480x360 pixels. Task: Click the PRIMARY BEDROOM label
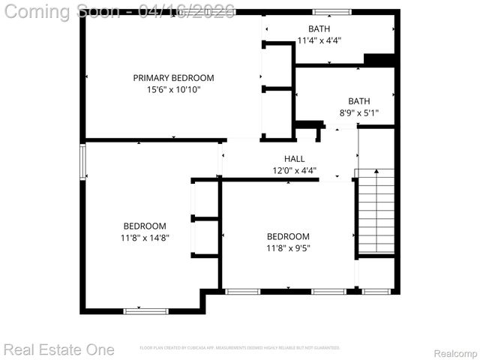pyautogui.click(x=173, y=78)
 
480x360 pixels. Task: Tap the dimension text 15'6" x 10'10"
pyautogui.click(x=173, y=89)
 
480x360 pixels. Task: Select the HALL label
pyautogui.click(x=294, y=159)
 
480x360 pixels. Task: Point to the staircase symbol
pyautogui.click(x=374, y=213)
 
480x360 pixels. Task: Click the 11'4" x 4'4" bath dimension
pyautogui.click(x=319, y=40)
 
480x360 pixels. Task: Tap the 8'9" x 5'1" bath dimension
pyautogui.click(x=359, y=113)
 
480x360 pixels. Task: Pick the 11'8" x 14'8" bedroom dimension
pyautogui.click(x=145, y=238)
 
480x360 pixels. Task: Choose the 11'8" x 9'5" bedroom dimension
pyautogui.click(x=288, y=248)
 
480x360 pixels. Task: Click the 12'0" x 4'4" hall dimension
pyautogui.click(x=294, y=170)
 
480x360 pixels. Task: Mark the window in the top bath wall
pyautogui.click(x=332, y=12)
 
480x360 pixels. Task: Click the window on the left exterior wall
pyautogui.click(x=83, y=162)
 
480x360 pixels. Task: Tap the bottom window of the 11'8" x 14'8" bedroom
pyautogui.click(x=146, y=310)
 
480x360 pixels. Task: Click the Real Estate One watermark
pyautogui.click(x=59, y=349)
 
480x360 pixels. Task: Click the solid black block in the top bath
pyautogui.click(x=379, y=60)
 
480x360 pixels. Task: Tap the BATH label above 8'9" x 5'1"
pyautogui.click(x=359, y=101)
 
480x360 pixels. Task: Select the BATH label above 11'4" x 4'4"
pyautogui.click(x=319, y=28)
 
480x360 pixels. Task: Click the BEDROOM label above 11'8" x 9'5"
pyautogui.click(x=288, y=236)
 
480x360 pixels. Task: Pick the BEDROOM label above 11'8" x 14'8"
pyautogui.click(x=145, y=226)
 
